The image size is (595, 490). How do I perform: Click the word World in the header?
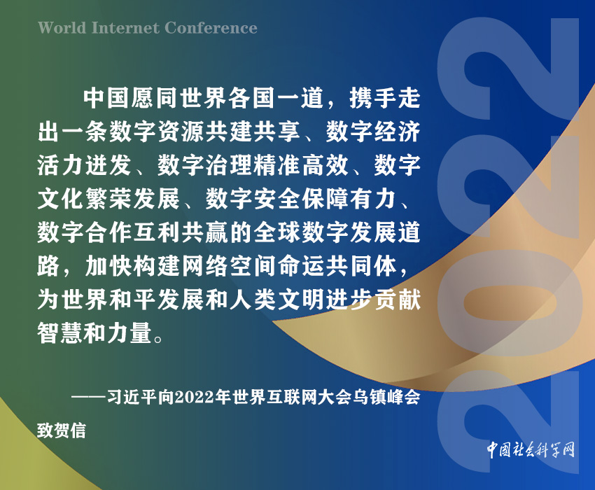tap(62, 28)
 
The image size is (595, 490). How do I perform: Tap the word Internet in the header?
tap(125, 28)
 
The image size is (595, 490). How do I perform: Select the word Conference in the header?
tap(211, 28)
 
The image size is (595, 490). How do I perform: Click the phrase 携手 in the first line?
tap(372, 98)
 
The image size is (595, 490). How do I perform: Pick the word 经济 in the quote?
tap(397, 132)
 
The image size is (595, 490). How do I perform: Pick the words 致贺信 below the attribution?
tap(62, 430)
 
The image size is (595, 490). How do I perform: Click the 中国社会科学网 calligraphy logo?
tap(531, 450)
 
